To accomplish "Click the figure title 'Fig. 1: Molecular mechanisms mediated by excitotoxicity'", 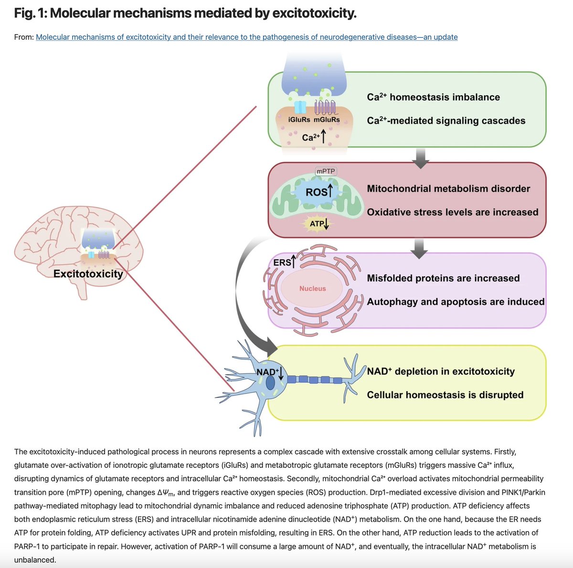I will pyautogui.click(x=185, y=13).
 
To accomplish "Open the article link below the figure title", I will pyautogui.click(x=246, y=37).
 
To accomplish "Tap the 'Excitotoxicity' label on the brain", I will pyautogui.click(x=88, y=274).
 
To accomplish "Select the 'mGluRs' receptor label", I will pyautogui.click(x=327, y=120).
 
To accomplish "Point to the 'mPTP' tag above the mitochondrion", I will pyautogui.click(x=326, y=171).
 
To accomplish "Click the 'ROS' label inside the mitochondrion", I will pyautogui.click(x=316, y=192).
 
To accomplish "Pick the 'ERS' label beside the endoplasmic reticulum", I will pyautogui.click(x=282, y=263).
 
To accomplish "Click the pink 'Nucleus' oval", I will pyautogui.click(x=312, y=289).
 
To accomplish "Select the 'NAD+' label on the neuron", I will pyautogui.click(x=266, y=372).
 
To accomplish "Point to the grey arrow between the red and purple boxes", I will pyautogui.click(x=419, y=248).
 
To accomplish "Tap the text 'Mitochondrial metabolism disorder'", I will pyautogui.click(x=448, y=189).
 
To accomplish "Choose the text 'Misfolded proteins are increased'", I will pyautogui.click(x=443, y=278).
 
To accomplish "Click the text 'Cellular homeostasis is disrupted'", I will pyautogui.click(x=445, y=395).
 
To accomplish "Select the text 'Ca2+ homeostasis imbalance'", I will pyautogui.click(x=433, y=97).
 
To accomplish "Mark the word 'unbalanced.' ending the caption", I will pyautogui.click(x=35, y=559).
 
